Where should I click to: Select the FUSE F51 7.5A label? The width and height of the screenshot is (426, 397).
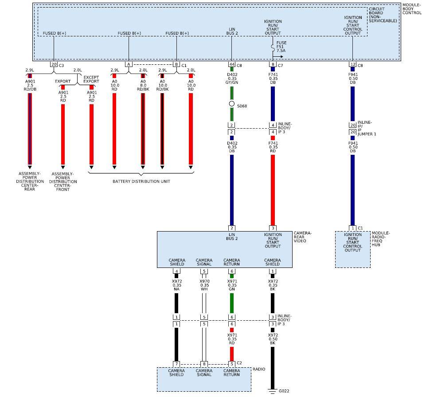coord(281,47)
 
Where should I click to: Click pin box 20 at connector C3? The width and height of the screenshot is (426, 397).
coord(54,65)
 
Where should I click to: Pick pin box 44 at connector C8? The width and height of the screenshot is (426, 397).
coord(231,65)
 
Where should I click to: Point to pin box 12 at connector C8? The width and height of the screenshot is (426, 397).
coord(352,65)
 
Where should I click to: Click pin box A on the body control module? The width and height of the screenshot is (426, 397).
coord(129,65)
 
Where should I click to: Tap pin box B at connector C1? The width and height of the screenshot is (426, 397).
coord(176,65)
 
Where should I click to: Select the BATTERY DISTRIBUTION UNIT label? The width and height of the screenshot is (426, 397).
coord(141,181)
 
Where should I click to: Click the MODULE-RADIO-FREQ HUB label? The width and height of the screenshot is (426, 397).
coord(381,238)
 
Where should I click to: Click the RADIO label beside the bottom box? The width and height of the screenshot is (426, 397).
coord(259,369)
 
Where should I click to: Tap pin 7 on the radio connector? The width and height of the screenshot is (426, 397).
coord(176,364)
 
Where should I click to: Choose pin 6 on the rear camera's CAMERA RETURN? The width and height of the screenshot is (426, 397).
coord(231,271)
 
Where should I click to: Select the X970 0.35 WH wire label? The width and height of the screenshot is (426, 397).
coord(204,285)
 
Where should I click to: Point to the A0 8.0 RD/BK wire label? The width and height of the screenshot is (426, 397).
coord(143,85)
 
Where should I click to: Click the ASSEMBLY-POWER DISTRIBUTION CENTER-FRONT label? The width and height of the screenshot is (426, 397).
coord(63,181)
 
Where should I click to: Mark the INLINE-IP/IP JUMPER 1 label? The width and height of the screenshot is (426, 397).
coord(367,128)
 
